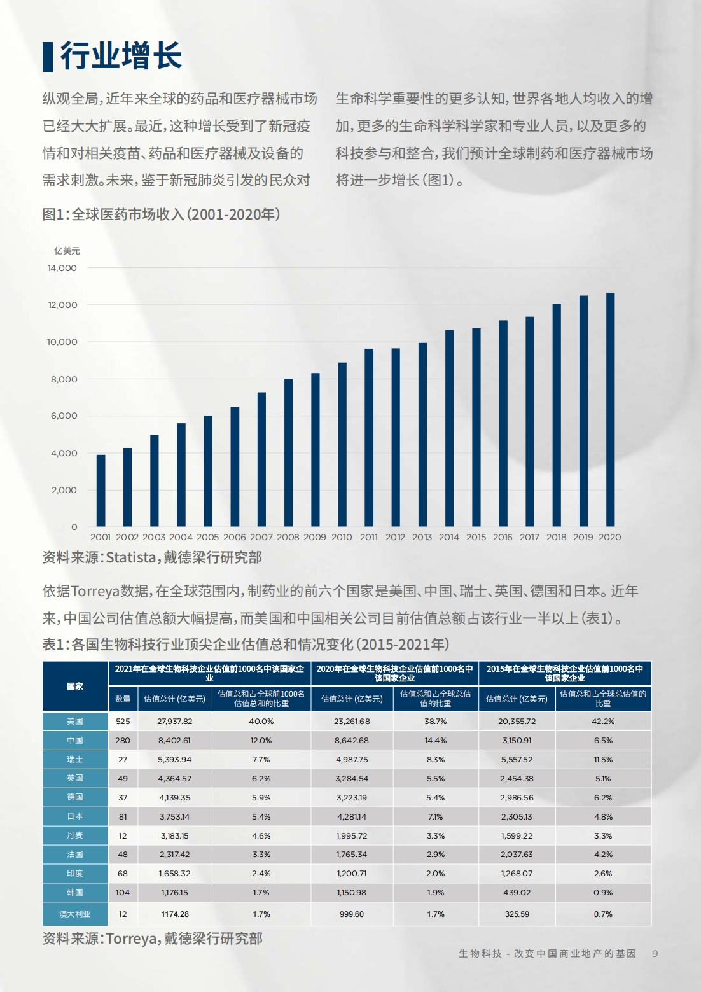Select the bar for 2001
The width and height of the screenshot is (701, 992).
101,491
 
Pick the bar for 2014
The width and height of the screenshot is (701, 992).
449,428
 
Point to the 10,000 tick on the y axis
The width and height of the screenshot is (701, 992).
62,342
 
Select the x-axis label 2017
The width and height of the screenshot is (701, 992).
529,537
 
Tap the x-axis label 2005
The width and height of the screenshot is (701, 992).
207,537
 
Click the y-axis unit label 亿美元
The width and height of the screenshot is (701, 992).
67,251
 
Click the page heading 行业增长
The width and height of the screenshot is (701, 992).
121,56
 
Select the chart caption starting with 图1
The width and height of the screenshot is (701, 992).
161,214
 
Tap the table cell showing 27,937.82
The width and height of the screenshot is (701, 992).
174,722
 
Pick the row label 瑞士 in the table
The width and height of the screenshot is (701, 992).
75,759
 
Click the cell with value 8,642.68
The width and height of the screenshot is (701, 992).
352,741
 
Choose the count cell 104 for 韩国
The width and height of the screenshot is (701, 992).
123,893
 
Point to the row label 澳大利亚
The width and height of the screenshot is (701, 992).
75,914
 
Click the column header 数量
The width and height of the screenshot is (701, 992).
123,699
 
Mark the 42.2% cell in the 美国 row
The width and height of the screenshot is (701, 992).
603,722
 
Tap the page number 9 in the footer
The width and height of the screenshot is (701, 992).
655,954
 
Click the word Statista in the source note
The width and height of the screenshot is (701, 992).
131,557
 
